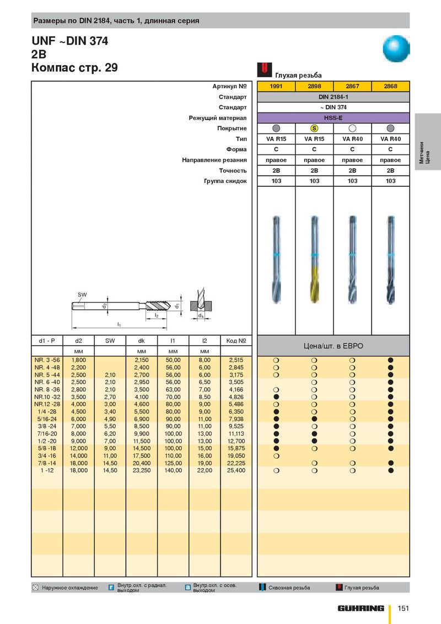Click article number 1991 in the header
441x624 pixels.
tap(277, 87)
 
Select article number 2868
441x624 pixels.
tap(390, 87)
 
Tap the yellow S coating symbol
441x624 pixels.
tap(314, 128)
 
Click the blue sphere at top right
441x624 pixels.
tap(397, 49)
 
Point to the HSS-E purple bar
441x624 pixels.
tap(334, 118)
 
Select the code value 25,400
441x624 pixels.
tap(236, 471)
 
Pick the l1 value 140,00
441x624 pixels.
tap(173, 471)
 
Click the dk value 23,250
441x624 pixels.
tap(142, 471)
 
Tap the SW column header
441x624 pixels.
tap(110, 341)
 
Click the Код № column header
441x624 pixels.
tap(236, 341)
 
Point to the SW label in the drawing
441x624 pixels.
tap(82, 294)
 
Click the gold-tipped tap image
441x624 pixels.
tap(314, 259)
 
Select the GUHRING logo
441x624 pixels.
tap(362, 608)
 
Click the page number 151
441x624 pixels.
tap(404, 608)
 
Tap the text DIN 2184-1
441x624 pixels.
tap(334, 97)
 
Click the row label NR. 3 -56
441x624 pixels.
tap(47, 360)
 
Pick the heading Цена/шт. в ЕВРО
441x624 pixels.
tap(334, 346)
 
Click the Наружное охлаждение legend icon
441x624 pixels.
tap(36, 588)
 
